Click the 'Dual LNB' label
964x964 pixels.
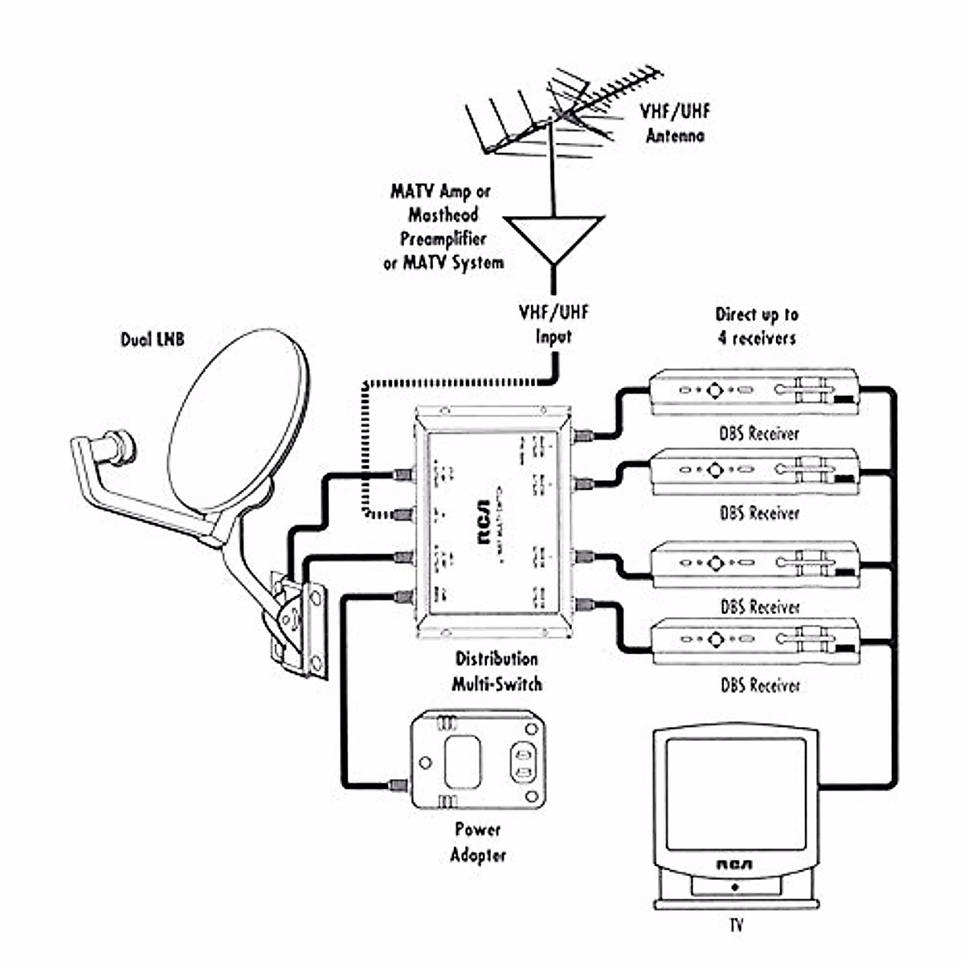[x=153, y=340]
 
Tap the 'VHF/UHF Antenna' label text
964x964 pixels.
[x=675, y=123]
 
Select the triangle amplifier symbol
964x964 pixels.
[x=553, y=235]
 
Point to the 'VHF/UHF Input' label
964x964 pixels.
[x=553, y=324]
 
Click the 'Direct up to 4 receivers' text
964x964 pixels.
[x=757, y=326]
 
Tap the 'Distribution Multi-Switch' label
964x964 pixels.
[x=496, y=672]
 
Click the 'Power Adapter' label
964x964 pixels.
[x=478, y=842]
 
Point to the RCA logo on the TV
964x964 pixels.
[x=734, y=865]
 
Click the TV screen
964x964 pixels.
[x=735, y=791]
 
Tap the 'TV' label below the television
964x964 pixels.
[x=736, y=925]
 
